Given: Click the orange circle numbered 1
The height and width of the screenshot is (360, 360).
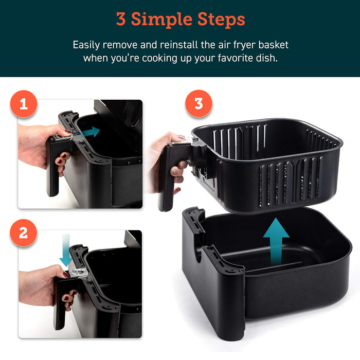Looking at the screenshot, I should [x=23, y=104].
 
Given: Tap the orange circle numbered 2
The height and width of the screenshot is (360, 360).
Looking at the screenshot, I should [x=23, y=233].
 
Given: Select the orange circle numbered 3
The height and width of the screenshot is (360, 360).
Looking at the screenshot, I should [x=199, y=104].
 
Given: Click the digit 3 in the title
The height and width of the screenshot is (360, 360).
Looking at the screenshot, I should [x=121, y=20].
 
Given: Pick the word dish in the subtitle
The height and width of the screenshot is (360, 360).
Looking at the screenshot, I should [x=265, y=58].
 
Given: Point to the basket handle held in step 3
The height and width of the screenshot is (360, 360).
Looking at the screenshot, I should [x=170, y=175].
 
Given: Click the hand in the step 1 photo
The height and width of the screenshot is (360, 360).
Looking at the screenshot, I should [x=39, y=147].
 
